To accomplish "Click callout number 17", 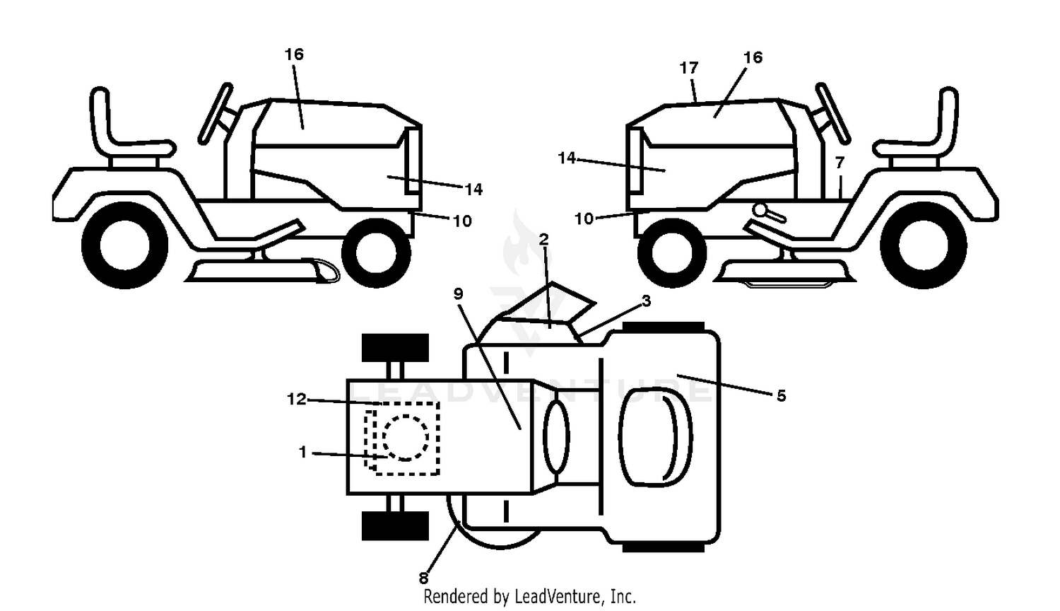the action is click(x=689, y=68).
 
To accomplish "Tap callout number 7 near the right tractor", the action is click(x=840, y=163).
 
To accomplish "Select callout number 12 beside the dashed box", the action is click(x=297, y=400).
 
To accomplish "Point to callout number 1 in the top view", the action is click(x=303, y=453).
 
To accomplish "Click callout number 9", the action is click(x=458, y=293).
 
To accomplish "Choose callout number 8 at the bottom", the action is click(x=423, y=578).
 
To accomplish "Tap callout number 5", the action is click(x=782, y=395).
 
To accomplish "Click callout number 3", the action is click(x=646, y=301).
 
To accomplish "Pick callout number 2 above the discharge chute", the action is click(x=543, y=239).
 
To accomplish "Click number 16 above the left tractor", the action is click(x=294, y=54).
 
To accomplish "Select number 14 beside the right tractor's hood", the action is click(x=567, y=158).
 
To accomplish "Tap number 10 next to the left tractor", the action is click(x=462, y=221).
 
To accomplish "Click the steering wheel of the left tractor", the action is click(x=216, y=113).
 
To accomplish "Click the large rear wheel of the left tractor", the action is click(x=125, y=245).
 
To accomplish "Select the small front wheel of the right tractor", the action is click(x=672, y=252).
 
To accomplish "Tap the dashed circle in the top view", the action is click(x=406, y=438).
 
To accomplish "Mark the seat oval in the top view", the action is click(x=655, y=436).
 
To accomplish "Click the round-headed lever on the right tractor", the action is click(x=769, y=213).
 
